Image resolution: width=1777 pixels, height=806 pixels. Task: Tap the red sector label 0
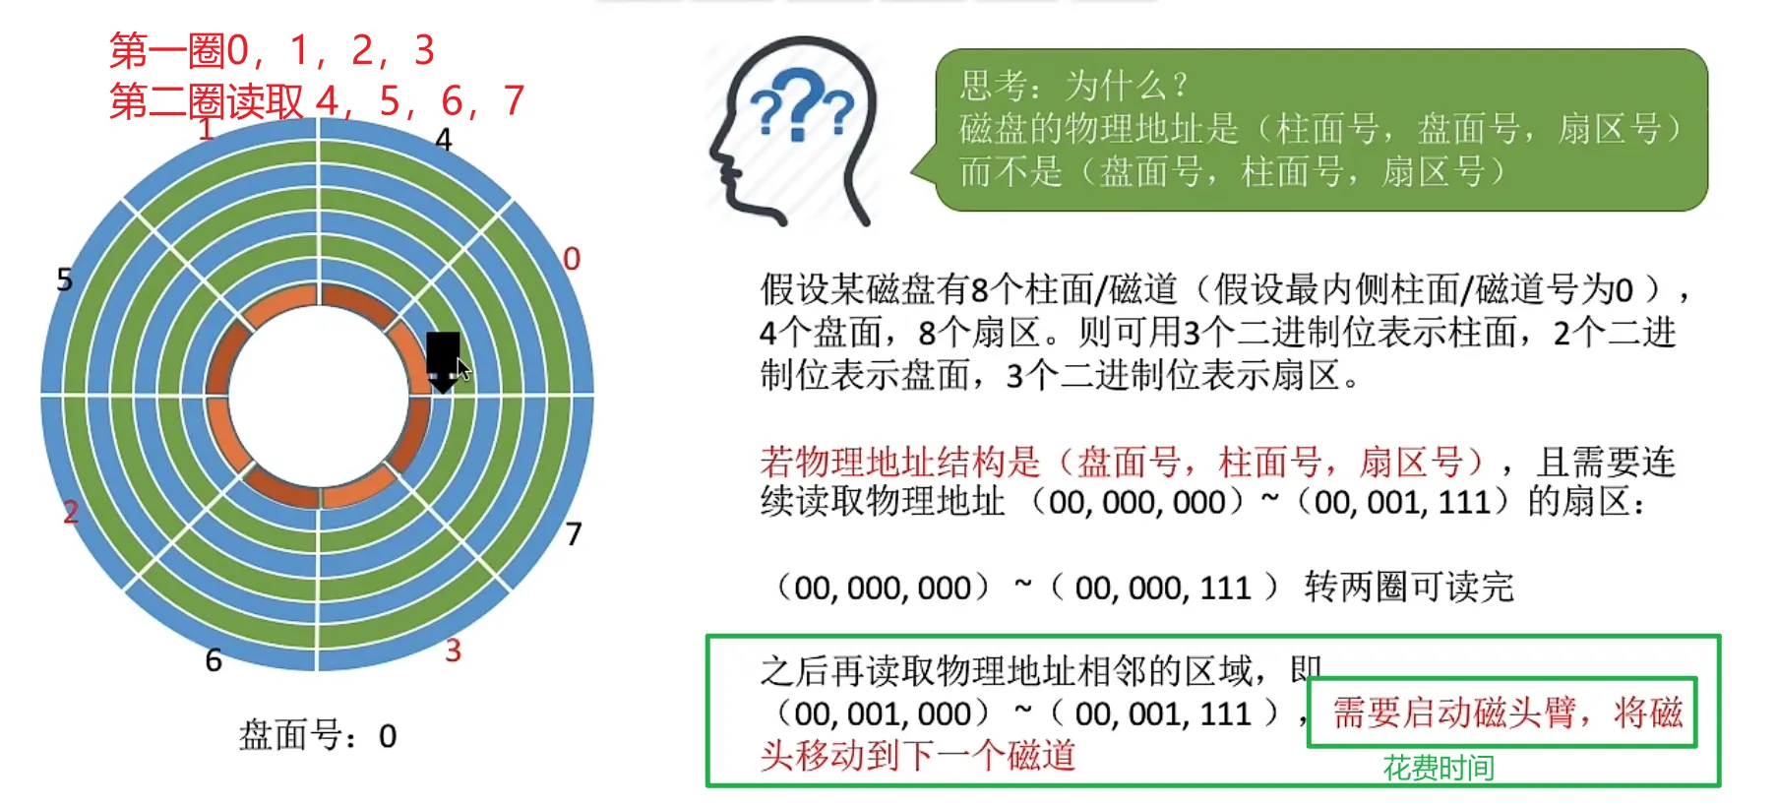572,259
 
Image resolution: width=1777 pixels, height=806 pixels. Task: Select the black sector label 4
444,140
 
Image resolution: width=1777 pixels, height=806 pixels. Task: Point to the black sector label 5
65,279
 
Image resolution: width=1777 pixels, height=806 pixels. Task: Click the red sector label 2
71,512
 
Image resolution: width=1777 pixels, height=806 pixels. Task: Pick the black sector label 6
214,660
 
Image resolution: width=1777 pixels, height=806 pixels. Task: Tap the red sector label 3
453,651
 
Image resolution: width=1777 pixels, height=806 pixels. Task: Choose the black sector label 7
574,534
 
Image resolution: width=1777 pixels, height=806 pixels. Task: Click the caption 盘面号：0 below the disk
318,735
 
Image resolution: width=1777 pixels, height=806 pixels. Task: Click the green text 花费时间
1439,768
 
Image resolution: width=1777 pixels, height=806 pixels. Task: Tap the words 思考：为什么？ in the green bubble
1074,86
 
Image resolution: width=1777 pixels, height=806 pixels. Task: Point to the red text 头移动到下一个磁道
918,756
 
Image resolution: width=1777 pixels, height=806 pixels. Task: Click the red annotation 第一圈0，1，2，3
273,49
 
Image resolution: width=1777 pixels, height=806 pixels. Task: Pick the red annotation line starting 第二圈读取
317,100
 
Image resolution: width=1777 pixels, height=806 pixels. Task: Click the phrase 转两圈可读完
1409,588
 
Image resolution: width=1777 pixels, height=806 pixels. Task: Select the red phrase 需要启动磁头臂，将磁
1507,713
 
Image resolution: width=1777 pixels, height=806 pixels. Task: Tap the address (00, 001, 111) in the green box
1163,713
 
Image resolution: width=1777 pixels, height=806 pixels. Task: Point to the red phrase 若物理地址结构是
900,462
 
